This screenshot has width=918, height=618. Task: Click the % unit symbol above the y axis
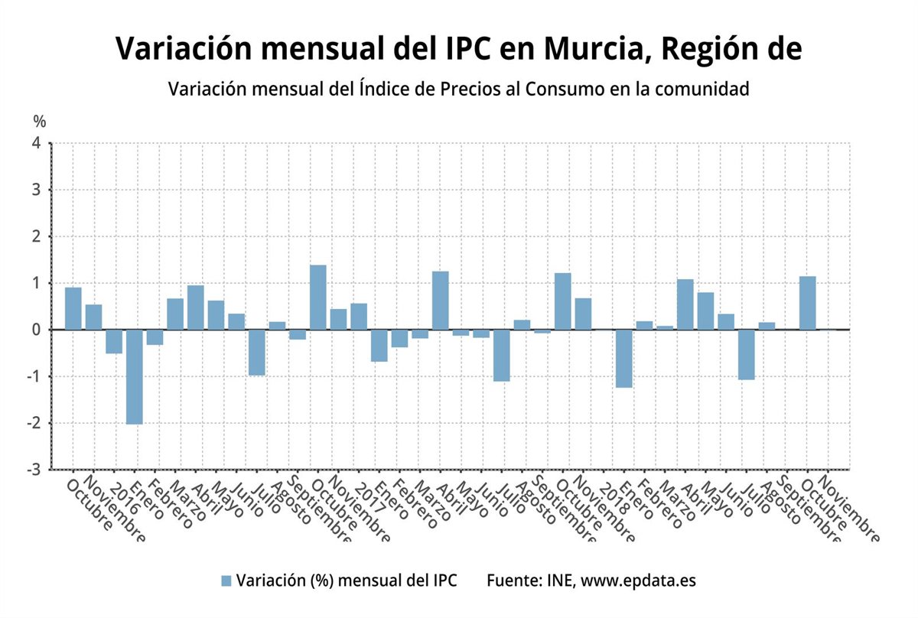click(x=39, y=121)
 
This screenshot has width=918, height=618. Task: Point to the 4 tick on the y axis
click(x=37, y=143)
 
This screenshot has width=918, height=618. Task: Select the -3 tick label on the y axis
click(x=34, y=470)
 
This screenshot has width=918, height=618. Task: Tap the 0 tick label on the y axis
click(x=37, y=330)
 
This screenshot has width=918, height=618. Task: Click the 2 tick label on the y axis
click(x=37, y=236)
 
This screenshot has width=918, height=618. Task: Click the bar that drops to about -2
click(x=135, y=376)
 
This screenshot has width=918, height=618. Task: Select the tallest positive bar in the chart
click(x=318, y=298)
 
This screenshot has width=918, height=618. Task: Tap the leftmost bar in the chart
click(x=73, y=308)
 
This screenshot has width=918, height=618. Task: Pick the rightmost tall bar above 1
click(x=808, y=303)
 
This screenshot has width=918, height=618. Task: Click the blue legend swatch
click(x=226, y=581)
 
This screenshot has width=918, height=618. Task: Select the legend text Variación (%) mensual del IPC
click(x=347, y=581)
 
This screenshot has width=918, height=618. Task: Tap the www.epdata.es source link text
click(x=638, y=581)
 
